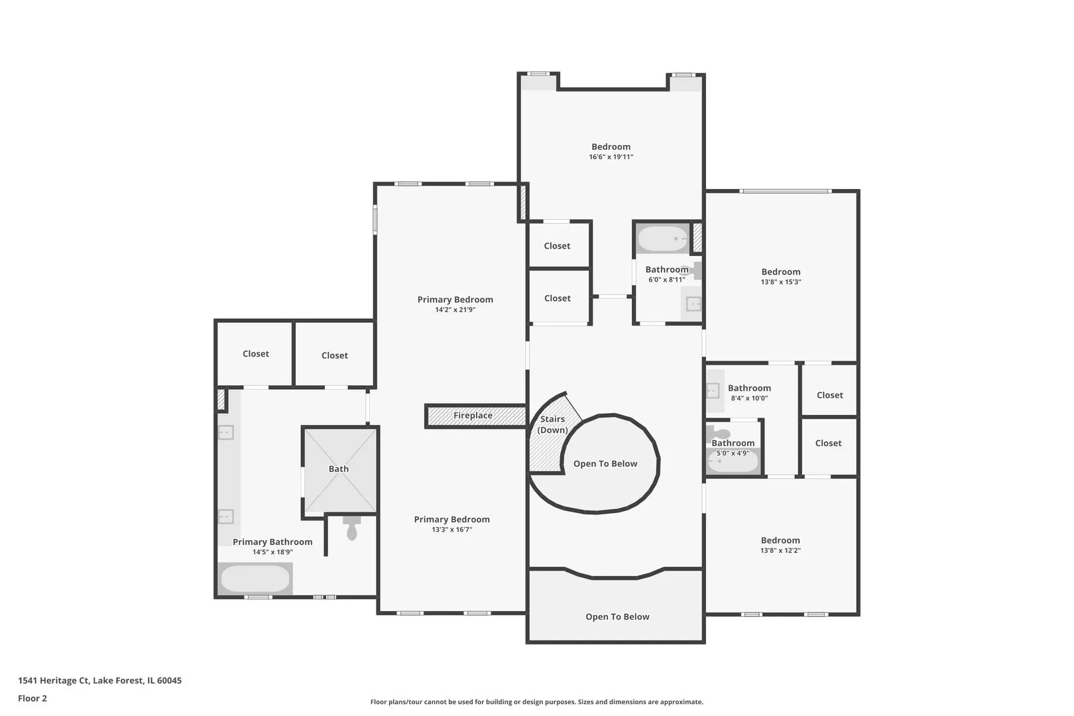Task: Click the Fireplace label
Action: (473, 415)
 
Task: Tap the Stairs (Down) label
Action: (552, 424)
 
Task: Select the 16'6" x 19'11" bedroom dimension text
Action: (611, 157)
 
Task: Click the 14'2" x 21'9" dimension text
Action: (455, 310)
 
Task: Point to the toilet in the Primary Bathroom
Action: (352, 528)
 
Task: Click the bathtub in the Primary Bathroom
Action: (255, 579)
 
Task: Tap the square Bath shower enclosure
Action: (340, 470)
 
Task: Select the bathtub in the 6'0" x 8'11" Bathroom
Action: (663, 239)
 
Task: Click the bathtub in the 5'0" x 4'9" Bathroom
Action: (733, 462)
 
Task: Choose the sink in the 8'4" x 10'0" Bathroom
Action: (713, 391)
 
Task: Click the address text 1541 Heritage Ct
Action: (54, 680)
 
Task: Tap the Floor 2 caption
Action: (32, 698)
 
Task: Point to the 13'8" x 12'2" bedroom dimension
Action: (780, 550)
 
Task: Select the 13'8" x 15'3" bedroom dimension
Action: (780, 282)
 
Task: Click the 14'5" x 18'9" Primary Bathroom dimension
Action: (272, 552)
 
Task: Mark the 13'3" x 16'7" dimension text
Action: (451, 530)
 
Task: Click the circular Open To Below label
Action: (605, 464)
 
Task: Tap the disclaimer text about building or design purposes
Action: (536, 701)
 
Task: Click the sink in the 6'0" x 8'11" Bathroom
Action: (693, 304)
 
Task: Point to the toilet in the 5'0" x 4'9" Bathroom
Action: (717, 434)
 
